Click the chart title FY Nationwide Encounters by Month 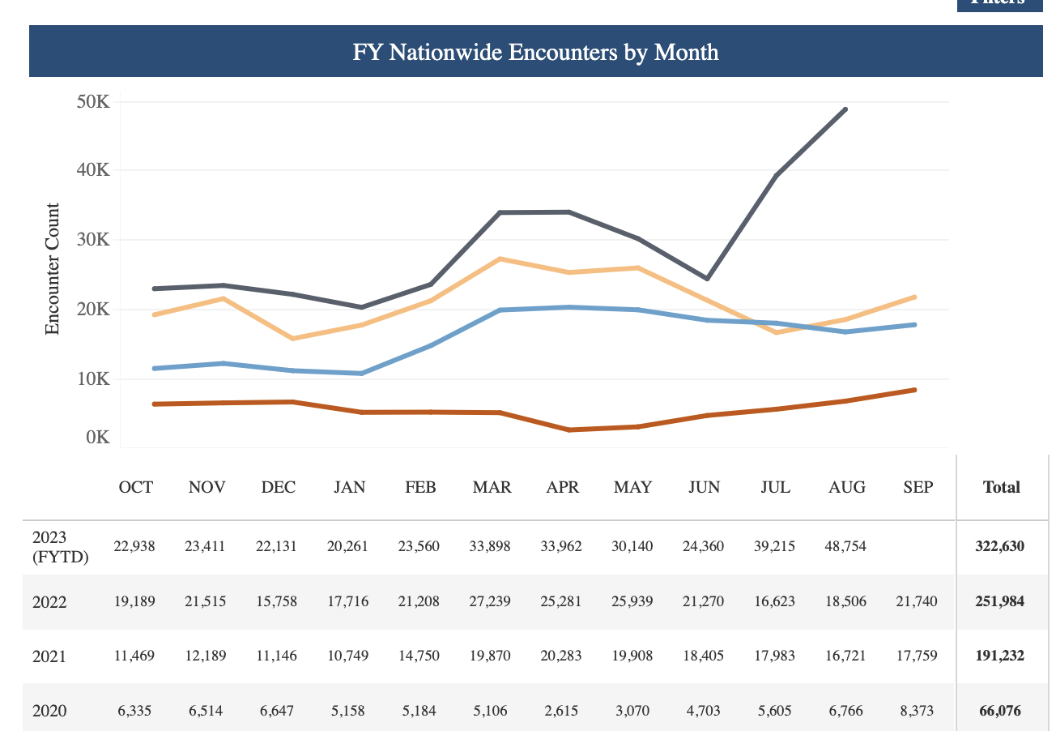535,53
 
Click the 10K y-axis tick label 93,378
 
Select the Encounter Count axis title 53,269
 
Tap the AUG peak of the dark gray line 845,109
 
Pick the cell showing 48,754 846,547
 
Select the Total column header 1001,487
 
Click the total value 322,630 999,547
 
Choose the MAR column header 492,487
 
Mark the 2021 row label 49,656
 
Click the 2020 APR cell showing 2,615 562,711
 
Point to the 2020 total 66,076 999,711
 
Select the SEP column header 918,487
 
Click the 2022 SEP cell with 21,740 917,602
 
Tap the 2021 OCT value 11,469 134,656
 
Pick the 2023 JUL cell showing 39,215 775,547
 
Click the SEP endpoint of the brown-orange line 915,390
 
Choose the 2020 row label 49,711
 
